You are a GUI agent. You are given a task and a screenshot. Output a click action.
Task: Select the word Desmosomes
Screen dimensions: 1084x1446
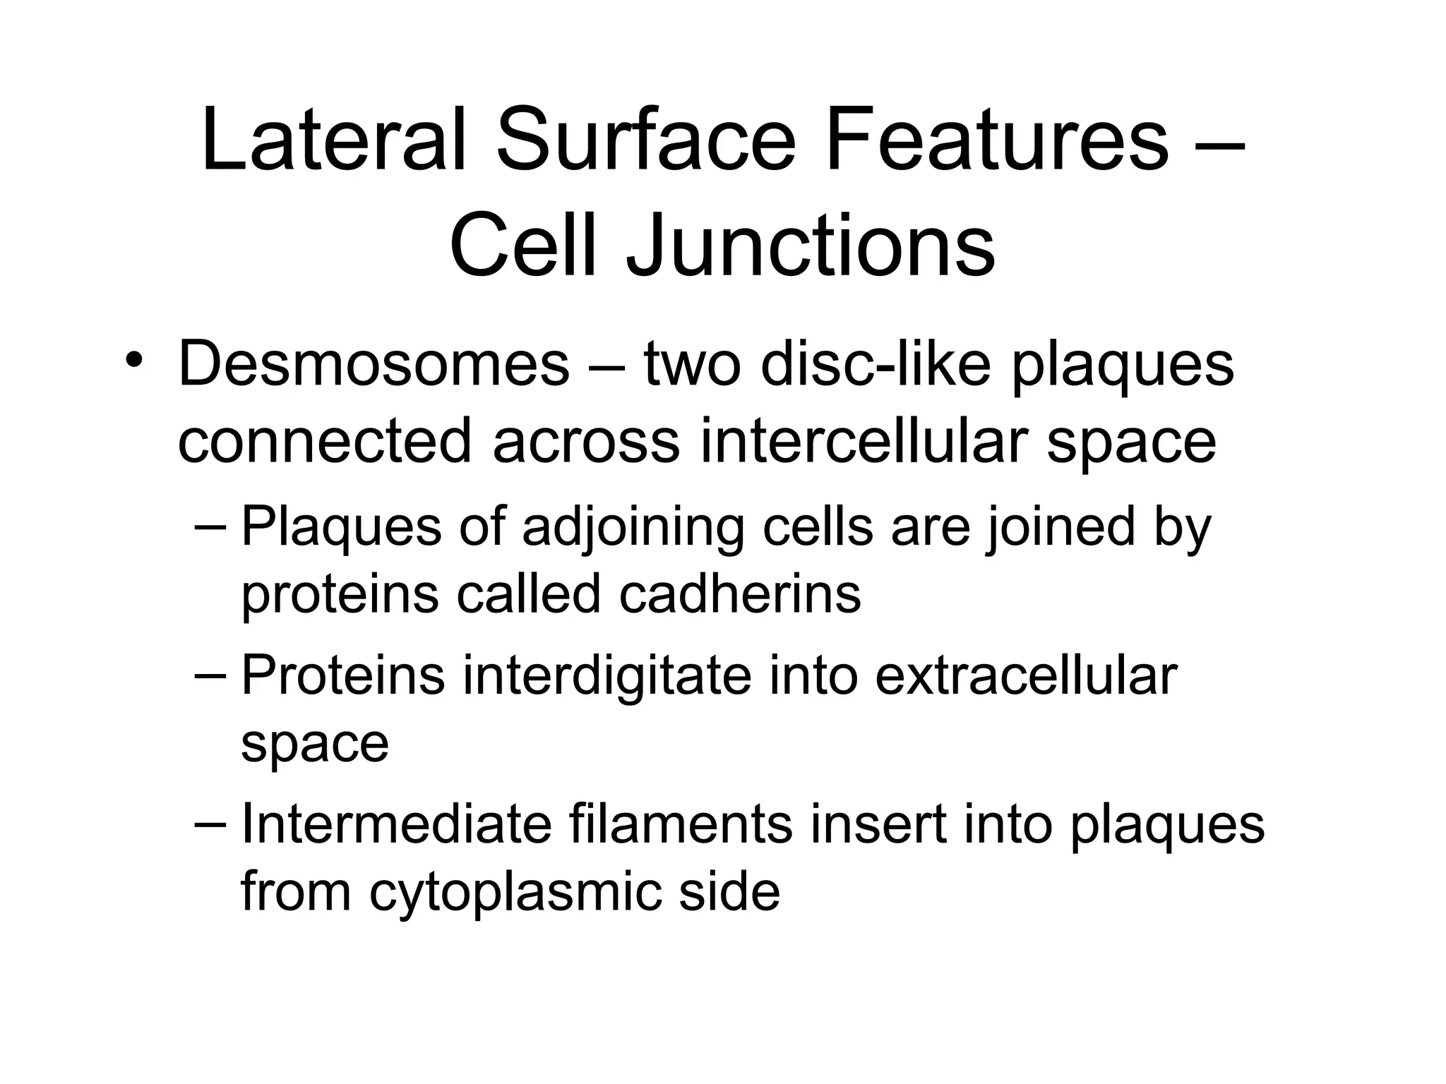pyautogui.click(x=374, y=365)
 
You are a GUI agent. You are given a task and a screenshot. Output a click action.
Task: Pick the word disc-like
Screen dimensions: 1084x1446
pyautogui.click(x=876, y=365)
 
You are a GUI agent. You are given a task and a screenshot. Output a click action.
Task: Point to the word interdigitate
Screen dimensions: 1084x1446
pyautogui.click(x=607, y=675)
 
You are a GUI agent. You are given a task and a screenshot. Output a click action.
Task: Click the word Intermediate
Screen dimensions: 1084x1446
pyautogui.click(x=396, y=824)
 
